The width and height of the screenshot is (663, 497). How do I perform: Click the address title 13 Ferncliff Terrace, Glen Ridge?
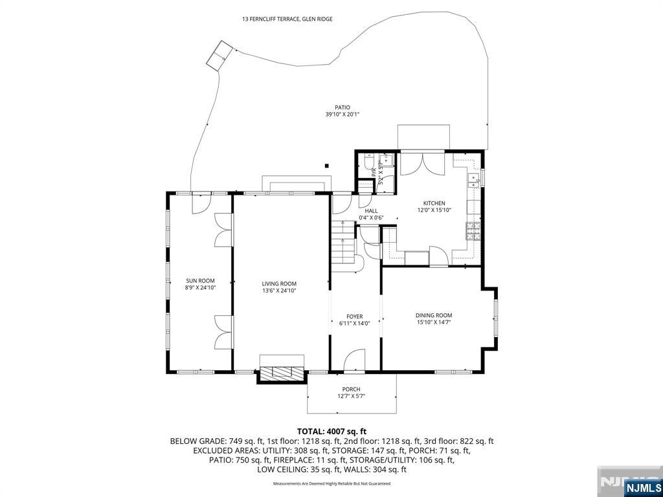tap(287, 19)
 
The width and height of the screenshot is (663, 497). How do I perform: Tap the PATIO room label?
tap(342, 107)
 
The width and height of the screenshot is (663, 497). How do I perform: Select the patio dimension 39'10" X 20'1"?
tap(342, 115)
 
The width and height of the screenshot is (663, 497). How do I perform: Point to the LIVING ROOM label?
tap(279, 283)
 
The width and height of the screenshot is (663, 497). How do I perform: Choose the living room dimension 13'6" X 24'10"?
tap(279, 291)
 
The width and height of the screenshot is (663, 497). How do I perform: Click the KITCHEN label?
tap(434, 203)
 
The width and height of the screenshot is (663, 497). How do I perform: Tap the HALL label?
tap(371, 211)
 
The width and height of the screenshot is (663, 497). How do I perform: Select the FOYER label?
tap(354, 316)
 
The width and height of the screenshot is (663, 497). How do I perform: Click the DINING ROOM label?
tap(434, 315)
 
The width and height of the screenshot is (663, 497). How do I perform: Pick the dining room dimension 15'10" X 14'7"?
tap(434, 322)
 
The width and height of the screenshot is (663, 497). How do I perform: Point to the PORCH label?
tap(352, 389)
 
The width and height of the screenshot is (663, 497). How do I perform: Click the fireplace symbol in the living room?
tap(282, 371)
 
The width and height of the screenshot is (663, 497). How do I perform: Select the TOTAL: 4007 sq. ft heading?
tap(331, 431)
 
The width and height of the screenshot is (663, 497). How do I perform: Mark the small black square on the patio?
tap(327, 166)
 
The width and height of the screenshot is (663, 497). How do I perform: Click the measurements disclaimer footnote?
tap(331, 483)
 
